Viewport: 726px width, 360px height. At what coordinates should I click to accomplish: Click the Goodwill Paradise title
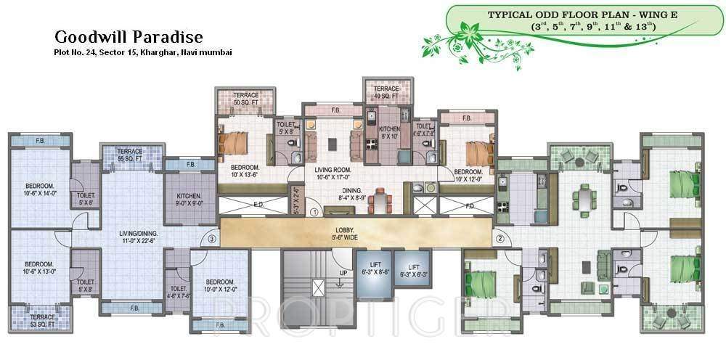[x=128, y=37]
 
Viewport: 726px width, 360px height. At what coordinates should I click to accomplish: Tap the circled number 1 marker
[x=314, y=213]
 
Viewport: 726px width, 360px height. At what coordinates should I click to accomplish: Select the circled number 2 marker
[x=499, y=238]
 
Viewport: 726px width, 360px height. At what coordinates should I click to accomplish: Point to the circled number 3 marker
[x=211, y=238]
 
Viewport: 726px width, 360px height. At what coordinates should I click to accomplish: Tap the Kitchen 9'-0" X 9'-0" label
[x=190, y=200]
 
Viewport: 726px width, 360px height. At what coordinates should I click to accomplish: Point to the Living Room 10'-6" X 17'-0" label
[x=333, y=173]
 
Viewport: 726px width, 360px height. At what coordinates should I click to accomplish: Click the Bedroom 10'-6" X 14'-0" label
[x=36, y=189]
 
